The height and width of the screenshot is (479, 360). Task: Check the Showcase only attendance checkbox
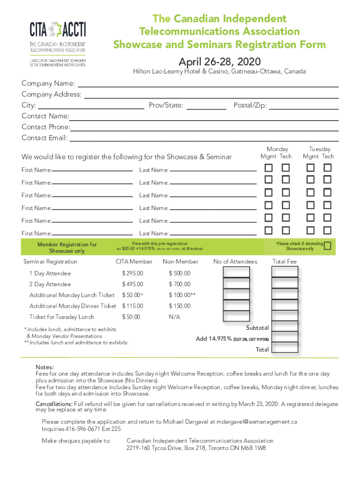click(328, 246)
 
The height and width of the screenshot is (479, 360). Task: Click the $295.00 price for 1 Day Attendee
click(133, 273)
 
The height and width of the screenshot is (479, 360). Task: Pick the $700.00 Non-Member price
click(180, 284)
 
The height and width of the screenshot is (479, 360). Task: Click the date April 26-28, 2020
click(219, 62)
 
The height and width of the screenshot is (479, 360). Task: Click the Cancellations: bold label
click(54, 404)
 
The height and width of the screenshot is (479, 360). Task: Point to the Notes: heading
click(45, 367)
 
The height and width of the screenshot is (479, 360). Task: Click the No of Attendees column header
click(235, 261)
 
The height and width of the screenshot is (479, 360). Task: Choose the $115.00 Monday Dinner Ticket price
click(133, 306)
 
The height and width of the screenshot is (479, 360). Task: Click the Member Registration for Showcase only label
click(67, 247)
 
